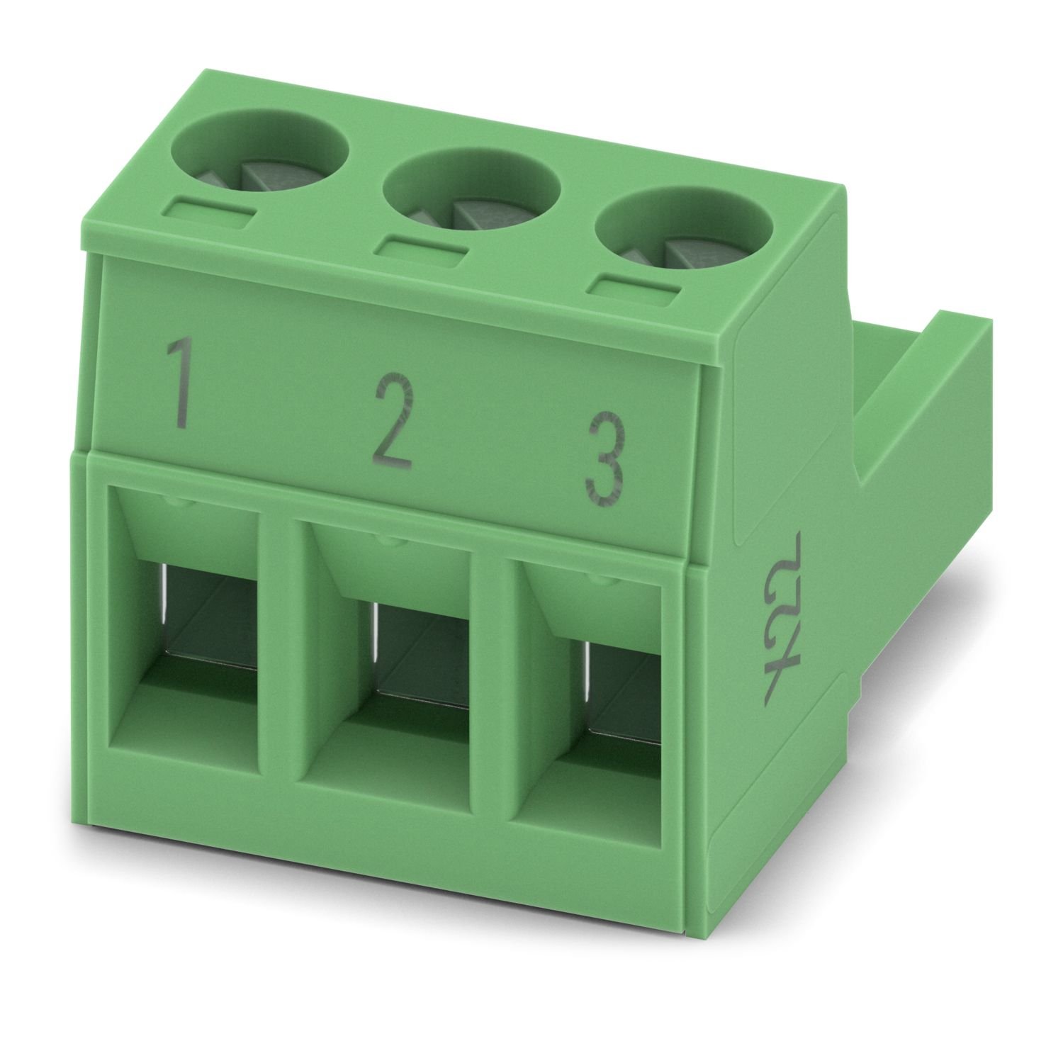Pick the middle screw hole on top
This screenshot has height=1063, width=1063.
[x=472, y=191]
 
